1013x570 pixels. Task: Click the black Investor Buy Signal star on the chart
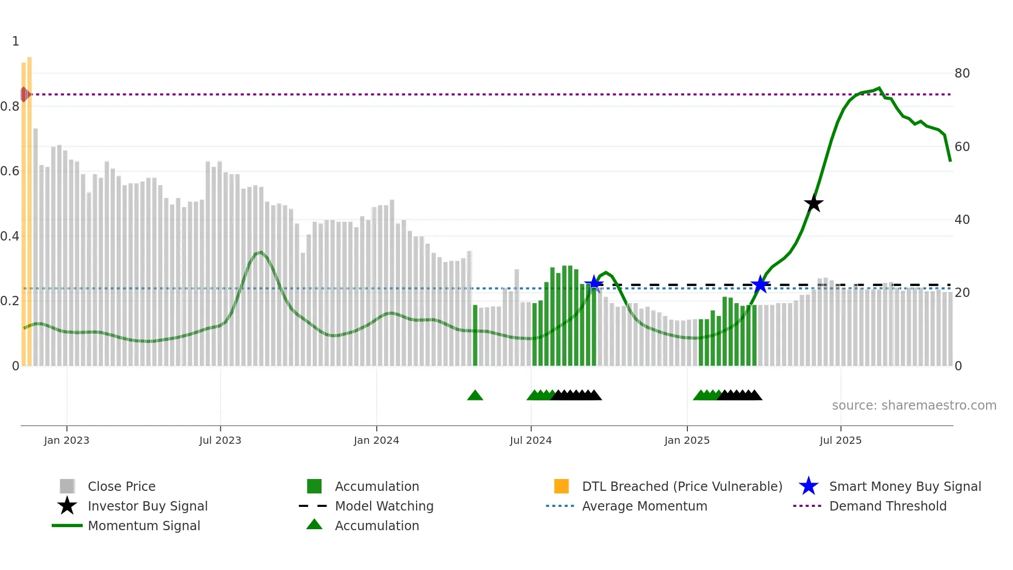click(x=814, y=204)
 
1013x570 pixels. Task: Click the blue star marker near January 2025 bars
click(x=760, y=284)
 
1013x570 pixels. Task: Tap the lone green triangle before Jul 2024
click(x=475, y=396)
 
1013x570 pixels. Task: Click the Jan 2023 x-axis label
click(x=67, y=440)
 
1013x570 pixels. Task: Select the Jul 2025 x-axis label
click(x=840, y=440)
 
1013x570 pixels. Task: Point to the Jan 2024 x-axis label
click(x=376, y=440)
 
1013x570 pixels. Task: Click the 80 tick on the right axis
click(x=962, y=73)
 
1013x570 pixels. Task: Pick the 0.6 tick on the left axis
click(x=10, y=171)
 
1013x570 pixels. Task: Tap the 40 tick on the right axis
click(x=962, y=220)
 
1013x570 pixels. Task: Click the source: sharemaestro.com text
click(x=914, y=406)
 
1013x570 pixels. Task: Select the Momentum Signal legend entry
click(x=144, y=526)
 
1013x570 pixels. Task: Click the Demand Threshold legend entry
click(x=887, y=506)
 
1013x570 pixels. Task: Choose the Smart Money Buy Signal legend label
click(x=904, y=486)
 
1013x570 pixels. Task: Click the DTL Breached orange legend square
click(x=561, y=486)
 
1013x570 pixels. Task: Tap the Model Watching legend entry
click(x=384, y=506)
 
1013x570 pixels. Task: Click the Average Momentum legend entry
click(x=644, y=506)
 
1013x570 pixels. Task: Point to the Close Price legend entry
click(x=121, y=486)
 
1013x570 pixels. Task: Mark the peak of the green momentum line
click(x=879, y=88)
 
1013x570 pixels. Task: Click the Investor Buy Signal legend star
click(x=67, y=506)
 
